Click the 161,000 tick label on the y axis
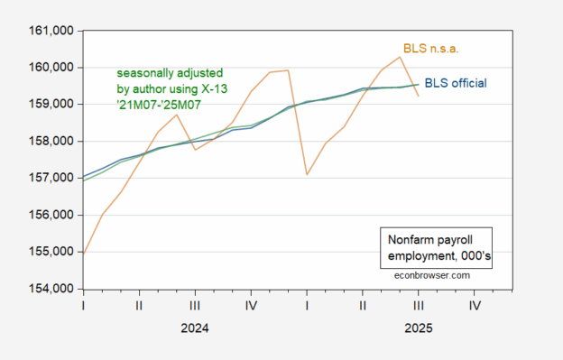51,31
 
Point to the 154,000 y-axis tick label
51,289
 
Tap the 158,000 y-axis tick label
51,142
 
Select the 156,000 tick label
51,215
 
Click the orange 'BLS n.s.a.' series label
431,49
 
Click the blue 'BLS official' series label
456,83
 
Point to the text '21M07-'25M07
159,105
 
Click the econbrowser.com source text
432,275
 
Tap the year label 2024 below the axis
195,328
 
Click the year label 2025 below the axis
419,328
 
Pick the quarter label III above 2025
419,306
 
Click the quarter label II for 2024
139,306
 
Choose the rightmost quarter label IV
475,306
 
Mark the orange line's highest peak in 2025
400,57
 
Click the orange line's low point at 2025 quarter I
307,175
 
